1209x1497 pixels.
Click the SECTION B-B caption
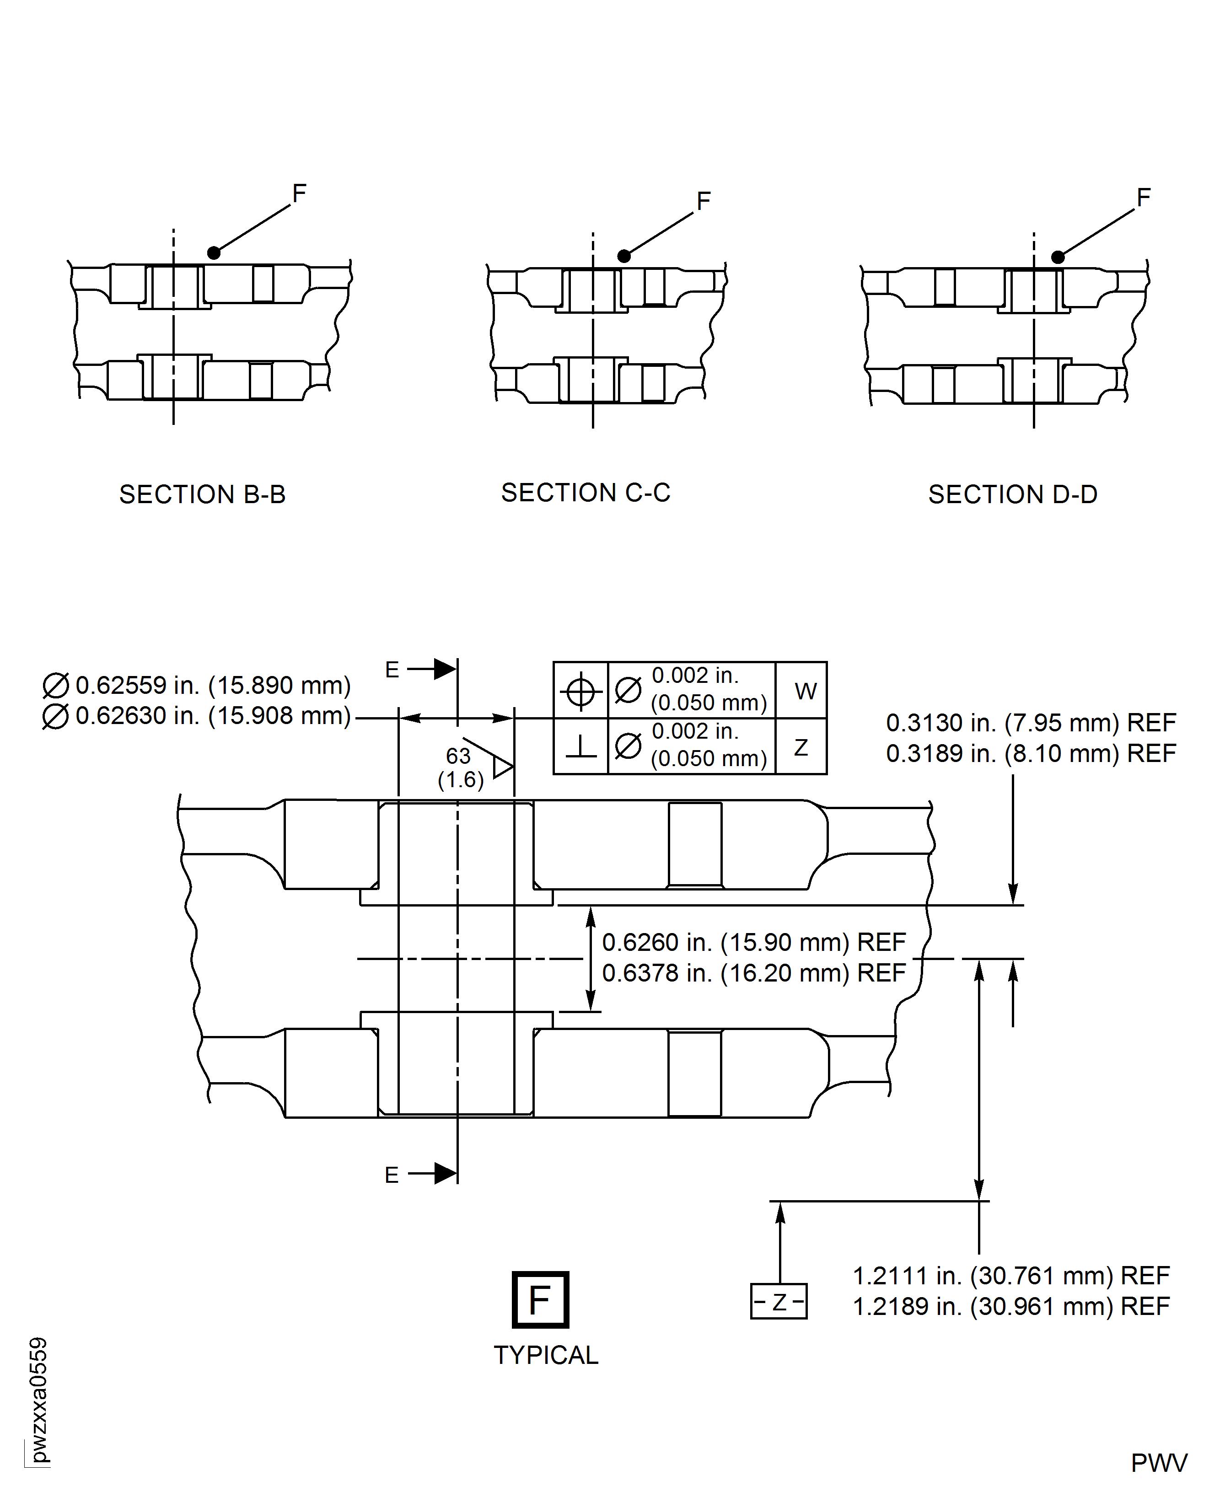pos(202,494)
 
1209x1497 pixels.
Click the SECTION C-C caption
pos(585,493)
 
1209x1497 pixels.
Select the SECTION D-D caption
pos(1013,494)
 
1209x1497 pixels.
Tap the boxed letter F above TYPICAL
pos(540,1300)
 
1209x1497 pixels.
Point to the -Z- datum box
pos(779,1301)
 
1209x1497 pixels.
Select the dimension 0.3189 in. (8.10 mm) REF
pos(1031,753)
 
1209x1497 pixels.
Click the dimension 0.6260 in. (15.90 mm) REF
pos(753,942)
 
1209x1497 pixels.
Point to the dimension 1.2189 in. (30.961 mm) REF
pos(1011,1306)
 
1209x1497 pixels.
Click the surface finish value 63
pos(458,756)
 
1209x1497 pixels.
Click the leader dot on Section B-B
pos(214,253)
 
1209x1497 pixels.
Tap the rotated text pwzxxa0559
pos(38,1400)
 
